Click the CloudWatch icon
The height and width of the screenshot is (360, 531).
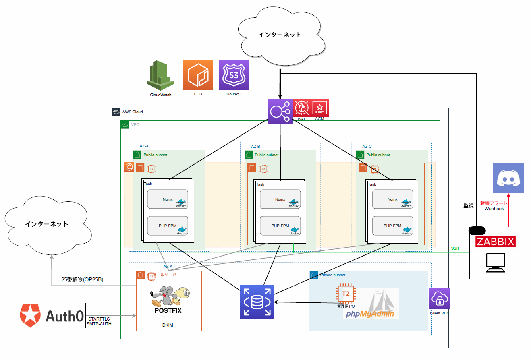tap(160, 76)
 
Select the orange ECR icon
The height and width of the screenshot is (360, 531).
tap(198, 75)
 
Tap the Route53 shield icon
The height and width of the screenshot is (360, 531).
tap(234, 75)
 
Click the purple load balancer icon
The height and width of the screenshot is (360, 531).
tap(280, 111)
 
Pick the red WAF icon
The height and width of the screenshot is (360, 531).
tap(302, 108)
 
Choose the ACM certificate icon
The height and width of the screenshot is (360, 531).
tap(320, 108)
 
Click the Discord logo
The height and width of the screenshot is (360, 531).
tap(508, 178)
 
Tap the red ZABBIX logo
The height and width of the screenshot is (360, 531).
tap(496, 242)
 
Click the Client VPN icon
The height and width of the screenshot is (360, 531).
tap(440, 298)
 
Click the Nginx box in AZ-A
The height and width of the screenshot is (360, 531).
tap(168, 199)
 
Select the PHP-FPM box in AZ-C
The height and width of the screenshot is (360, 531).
tap(393, 226)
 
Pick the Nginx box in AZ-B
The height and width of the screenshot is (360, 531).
tap(280, 199)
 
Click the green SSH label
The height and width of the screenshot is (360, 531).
tap(455, 248)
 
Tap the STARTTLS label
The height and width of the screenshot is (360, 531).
tap(99, 319)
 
